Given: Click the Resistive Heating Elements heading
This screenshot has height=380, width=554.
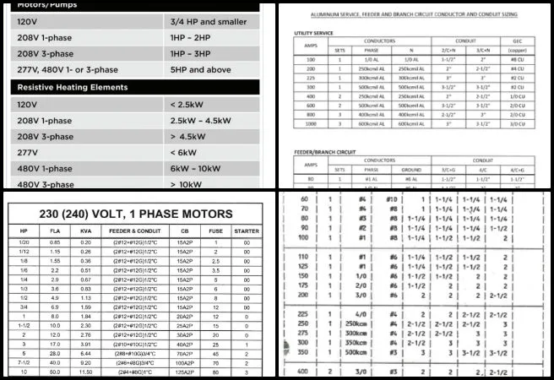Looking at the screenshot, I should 73,87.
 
